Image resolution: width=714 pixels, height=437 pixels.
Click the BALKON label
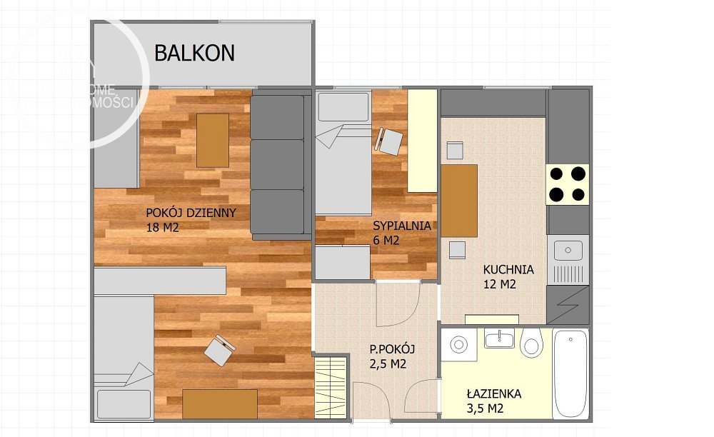pyautogui.click(x=194, y=52)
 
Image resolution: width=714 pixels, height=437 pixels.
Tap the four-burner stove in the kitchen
pyautogui.click(x=568, y=184)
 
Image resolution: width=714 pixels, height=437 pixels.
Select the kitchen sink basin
pyautogui.click(x=568, y=250)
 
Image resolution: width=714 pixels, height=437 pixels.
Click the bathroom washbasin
pyautogui.click(x=499, y=338)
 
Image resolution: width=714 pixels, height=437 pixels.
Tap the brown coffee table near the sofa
pyautogui.click(x=213, y=139)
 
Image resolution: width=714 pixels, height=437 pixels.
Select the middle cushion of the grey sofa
pyautogui.click(x=277, y=164)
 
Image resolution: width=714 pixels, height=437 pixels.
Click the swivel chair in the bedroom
pyautogui.click(x=389, y=141)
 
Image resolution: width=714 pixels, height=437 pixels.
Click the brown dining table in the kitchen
pyautogui.click(x=459, y=201)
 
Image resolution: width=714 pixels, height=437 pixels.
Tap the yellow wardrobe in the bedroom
pyautogui.click(x=422, y=141)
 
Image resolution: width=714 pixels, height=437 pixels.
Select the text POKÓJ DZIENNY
pyautogui.click(x=191, y=213)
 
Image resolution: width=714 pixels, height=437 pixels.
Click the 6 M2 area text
pyautogui.click(x=386, y=241)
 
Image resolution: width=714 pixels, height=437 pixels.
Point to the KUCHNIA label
pyautogui.click(x=508, y=270)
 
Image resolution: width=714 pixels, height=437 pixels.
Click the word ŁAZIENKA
pyautogui.click(x=494, y=393)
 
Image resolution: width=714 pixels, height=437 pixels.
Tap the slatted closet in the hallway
pyautogui.click(x=331, y=388)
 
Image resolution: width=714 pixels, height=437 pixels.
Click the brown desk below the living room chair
pyautogui.click(x=220, y=403)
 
